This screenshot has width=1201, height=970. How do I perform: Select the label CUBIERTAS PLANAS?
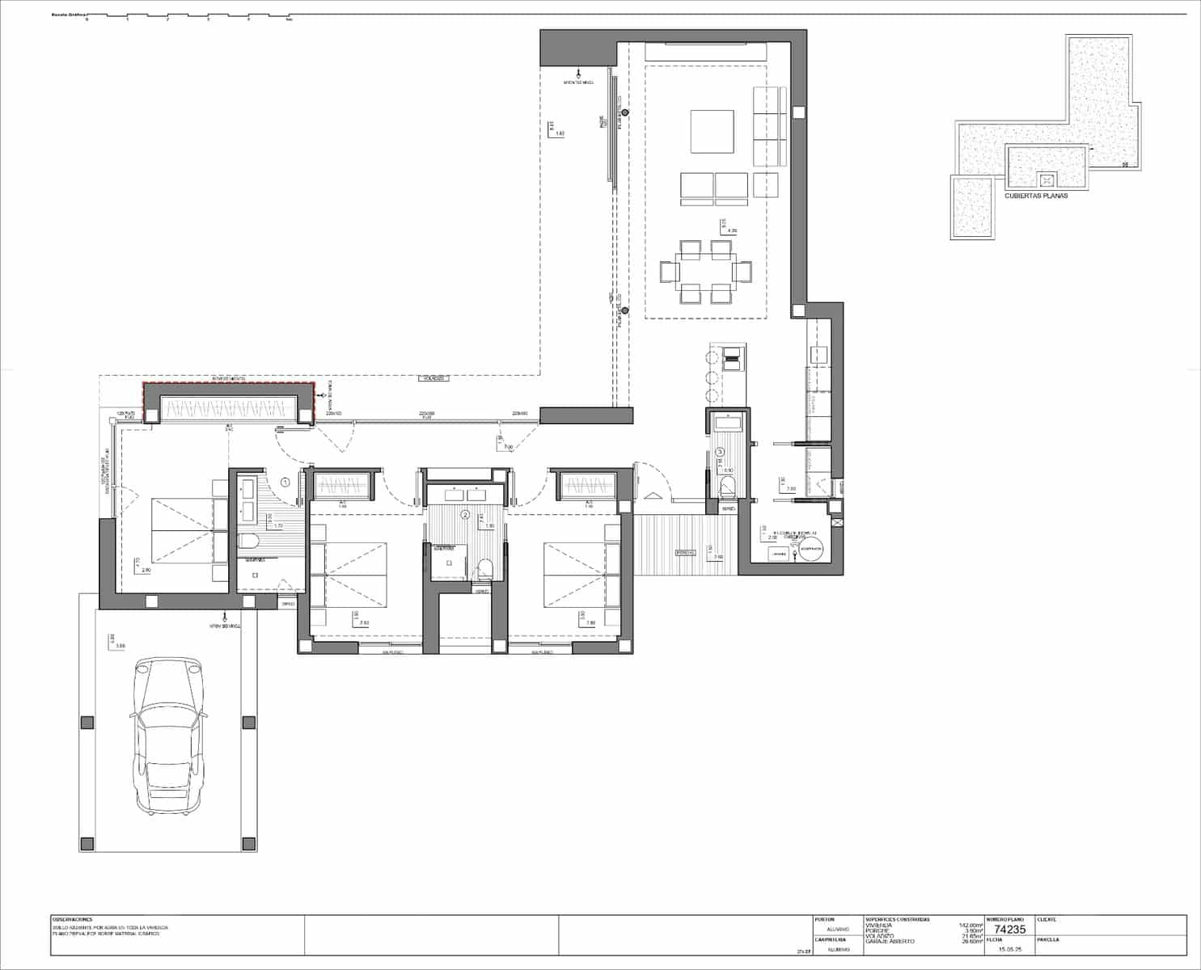point(1035,196)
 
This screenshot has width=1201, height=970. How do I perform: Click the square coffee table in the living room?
point(712,131)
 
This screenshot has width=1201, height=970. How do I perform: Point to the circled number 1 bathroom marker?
point(285,482)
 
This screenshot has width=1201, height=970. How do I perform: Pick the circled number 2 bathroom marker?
point(465,514)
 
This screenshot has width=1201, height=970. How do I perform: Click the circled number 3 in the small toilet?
point(719,452)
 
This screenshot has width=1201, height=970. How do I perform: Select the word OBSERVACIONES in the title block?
point(73,919)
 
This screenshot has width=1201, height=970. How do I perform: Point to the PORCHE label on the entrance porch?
point(686,553)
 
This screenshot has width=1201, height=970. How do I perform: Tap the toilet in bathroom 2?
point(484,568)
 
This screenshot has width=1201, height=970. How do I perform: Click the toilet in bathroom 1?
point(247,542)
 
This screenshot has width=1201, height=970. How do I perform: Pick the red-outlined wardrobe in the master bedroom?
point(227,403)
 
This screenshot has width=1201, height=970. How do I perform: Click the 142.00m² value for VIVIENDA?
point(970,925)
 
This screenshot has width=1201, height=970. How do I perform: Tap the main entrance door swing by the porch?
point(652,480)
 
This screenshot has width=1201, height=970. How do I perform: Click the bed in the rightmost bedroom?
point(581,574)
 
